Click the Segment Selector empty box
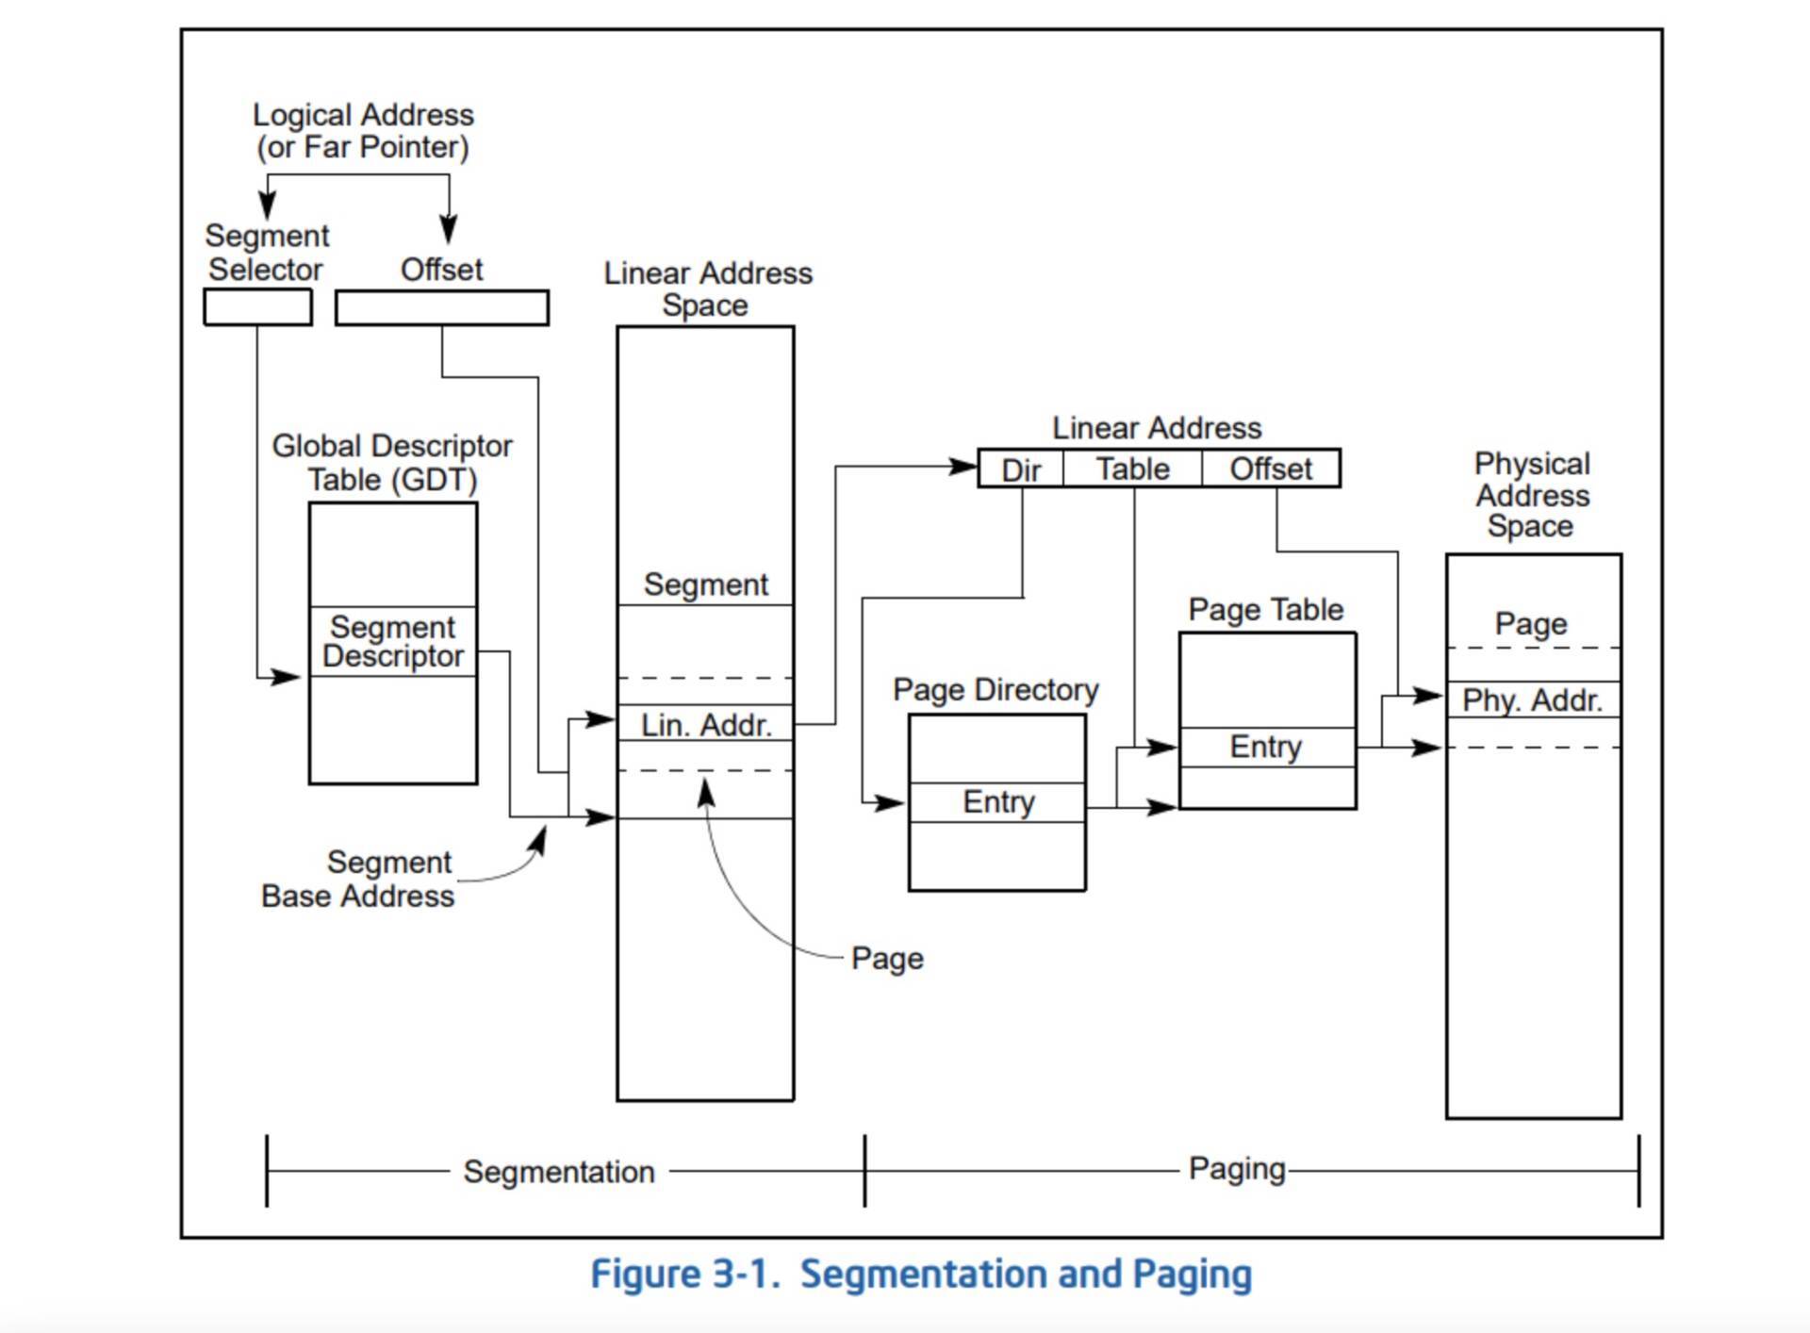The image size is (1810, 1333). pos(257,307)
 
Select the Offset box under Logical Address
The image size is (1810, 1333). pos(442,308)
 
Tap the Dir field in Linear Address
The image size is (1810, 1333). pos(1021,469)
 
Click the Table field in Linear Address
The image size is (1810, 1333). pos(1132,469)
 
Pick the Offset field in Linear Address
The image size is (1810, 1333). pos(1271,469)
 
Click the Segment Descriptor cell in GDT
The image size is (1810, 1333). pos(393,642)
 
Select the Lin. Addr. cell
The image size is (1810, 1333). pos(705,723)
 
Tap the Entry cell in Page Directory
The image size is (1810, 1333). pos(997,802)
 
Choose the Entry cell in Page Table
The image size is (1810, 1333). pos(1266,747)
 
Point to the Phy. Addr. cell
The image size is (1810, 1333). pos(1533,699)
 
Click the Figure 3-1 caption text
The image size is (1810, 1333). pos(921,1275)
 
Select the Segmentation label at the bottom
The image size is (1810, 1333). pos(559,1172)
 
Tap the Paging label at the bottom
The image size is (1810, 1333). pos(1237,1169)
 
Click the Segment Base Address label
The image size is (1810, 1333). pos(359,879)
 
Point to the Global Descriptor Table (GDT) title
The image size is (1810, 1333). pos(392,462)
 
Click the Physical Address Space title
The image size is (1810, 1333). pos(1532,495)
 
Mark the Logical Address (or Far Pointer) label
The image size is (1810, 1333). pos(363,131)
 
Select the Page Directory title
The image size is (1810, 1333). pos(995,690)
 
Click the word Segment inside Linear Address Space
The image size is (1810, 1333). pos(705,584)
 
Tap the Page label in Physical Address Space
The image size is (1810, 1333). pos(1531,624)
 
